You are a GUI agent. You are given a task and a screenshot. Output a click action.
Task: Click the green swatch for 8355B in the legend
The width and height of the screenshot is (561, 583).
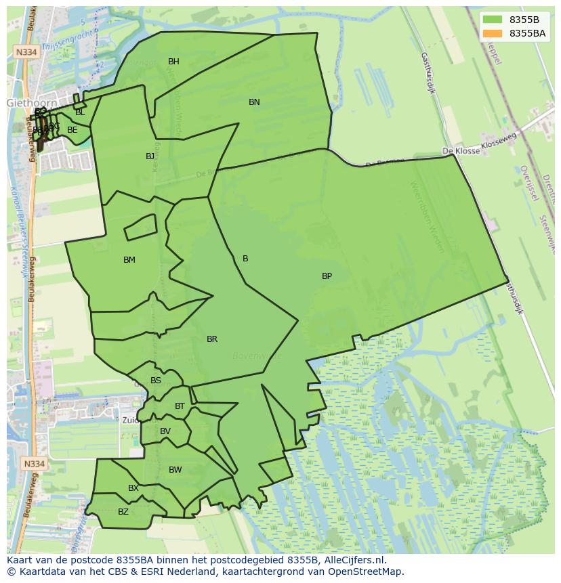coord(493,20)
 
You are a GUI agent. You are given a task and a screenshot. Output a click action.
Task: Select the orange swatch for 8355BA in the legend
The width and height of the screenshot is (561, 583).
coord(493,33)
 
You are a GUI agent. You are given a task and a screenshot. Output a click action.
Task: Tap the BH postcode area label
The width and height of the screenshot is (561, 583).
coord(173,62)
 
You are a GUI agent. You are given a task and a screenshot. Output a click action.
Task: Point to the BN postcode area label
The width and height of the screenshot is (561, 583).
coord(254,102)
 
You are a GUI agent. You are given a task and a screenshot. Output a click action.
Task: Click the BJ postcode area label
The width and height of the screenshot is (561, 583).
coord(150,156)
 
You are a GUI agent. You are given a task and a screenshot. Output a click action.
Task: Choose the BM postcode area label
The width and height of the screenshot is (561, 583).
coord(129,260)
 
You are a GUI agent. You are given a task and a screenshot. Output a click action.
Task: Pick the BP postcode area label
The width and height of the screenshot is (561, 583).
coord(327,276)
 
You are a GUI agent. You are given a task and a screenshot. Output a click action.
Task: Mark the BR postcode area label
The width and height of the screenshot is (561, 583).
coord(212,339)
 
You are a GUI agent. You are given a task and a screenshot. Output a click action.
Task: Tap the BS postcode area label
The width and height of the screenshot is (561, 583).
coord(156,381)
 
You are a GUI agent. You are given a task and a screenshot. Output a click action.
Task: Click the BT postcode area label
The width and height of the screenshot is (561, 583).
coord(180,406)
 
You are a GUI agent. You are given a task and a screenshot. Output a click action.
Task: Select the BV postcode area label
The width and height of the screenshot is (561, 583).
coord(165,431)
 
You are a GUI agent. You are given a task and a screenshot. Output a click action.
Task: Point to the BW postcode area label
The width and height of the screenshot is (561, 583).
coord(175,470)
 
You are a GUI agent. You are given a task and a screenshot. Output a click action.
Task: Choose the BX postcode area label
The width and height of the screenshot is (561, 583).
coord(133,488)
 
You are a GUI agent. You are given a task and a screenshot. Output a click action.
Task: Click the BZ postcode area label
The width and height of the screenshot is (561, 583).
coord(123,512)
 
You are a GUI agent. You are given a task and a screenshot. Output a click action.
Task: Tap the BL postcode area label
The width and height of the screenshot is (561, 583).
coord(80,112)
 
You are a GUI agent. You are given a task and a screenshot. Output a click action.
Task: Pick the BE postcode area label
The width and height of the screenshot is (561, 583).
coord(72,130)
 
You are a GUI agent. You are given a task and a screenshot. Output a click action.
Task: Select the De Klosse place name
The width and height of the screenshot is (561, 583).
coord(461,151)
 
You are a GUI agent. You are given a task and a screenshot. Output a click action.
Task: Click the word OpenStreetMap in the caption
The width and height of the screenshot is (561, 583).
coord(369,571)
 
